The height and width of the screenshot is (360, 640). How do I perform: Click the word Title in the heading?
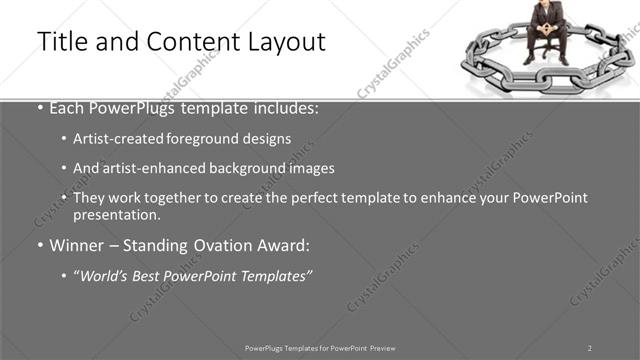click(x=59, y=42)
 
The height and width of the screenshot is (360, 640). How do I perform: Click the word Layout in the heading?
click(x=286, y=42)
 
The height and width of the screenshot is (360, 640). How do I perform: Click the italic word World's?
click(x=105, y=274)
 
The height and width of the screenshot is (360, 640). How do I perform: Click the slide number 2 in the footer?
click(x=589, y=347)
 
